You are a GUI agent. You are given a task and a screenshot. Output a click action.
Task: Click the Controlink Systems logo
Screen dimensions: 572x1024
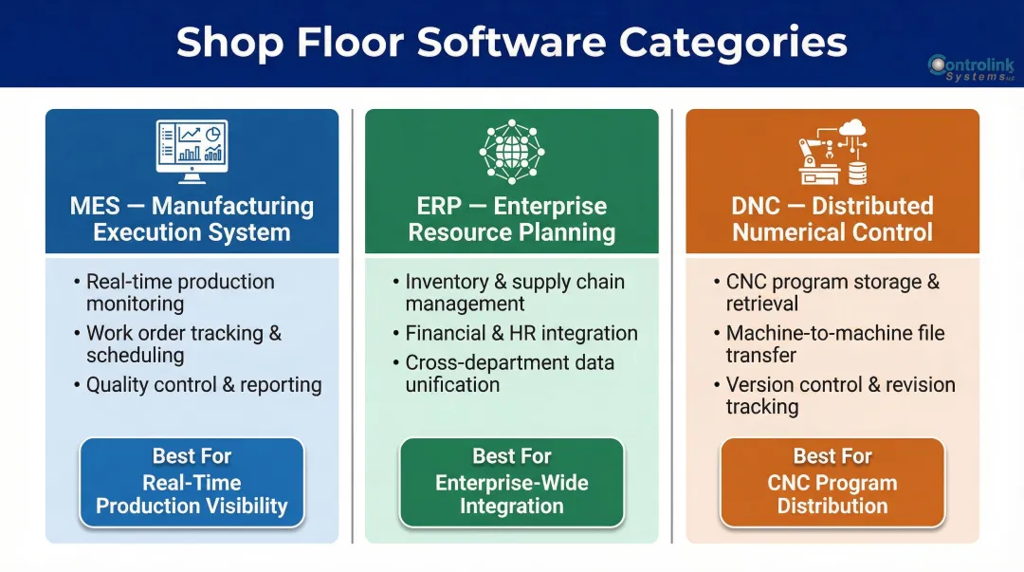pos(970,67)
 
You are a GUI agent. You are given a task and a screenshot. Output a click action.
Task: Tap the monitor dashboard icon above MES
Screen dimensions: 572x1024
pos(192,152)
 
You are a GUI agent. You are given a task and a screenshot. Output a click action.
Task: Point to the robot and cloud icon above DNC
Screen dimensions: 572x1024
pos(832,152)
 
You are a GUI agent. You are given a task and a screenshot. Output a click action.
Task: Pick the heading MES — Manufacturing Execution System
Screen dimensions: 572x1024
pos(192,219)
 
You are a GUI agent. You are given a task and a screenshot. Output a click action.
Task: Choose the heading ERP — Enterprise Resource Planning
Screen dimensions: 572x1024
pos(512,219)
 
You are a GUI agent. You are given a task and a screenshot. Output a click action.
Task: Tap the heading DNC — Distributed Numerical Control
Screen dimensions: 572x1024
pos(832,219)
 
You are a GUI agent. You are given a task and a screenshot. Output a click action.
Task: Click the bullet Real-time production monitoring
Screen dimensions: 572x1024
pos(180,292)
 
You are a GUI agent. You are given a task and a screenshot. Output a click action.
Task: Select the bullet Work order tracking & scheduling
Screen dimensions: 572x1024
pos(184,343)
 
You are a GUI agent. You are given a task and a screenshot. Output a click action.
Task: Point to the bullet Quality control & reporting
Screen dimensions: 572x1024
pos(204,384)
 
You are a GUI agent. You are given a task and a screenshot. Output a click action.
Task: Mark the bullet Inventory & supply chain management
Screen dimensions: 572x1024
pos(515,292)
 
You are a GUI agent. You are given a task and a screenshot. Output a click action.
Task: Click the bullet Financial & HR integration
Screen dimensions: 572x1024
pos(521,333)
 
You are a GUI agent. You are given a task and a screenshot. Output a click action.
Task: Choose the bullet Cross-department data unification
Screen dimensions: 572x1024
pos(510,373)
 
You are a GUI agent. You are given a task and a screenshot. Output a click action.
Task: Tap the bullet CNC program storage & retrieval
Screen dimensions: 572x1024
pos(832,292)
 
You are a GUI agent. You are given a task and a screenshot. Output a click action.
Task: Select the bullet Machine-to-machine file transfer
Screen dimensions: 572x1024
pos(835,343)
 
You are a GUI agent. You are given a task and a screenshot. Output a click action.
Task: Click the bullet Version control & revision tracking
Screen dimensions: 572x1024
pos(840,395)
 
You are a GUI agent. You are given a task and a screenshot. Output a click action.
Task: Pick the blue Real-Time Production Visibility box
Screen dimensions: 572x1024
pos(192,482)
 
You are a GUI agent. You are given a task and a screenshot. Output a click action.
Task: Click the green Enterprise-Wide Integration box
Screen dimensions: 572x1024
pos(512,482)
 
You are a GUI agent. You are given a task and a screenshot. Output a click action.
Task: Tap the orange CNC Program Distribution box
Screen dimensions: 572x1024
pos(832,482)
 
